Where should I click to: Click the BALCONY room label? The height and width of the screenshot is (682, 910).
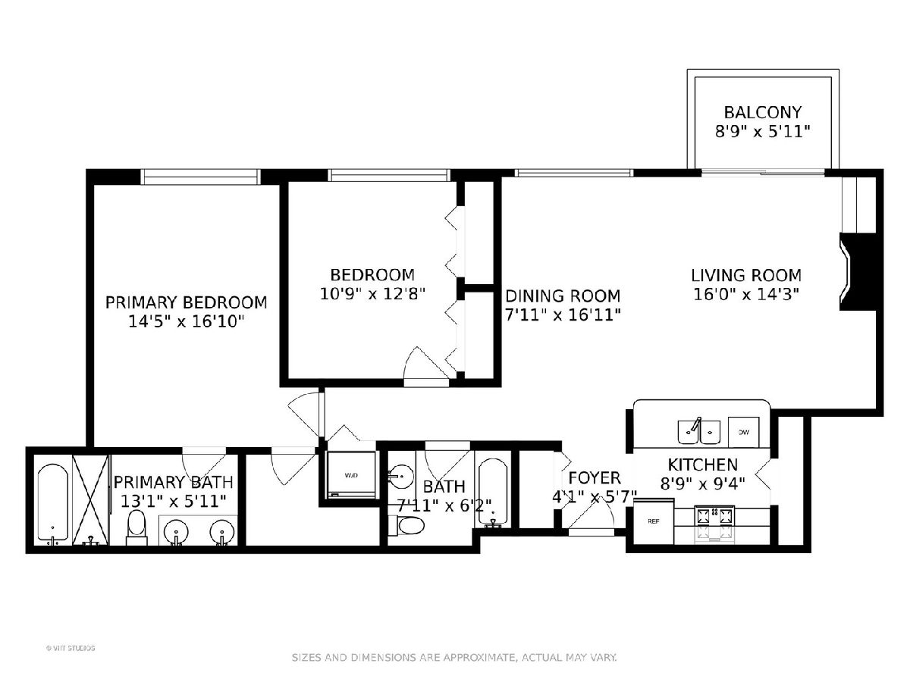pyautogui.click(x=762, y=112)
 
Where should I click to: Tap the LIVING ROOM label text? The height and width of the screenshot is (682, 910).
pyautogui.click(x=745, y=275)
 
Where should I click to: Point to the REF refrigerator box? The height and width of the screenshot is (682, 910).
pyautogui.click(x=654, y=522)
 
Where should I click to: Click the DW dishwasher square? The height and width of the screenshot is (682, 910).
pyautogui.click(x=743, y=432)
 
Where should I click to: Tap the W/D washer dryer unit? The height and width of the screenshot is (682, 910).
pyautogui.click(x=351, y=475)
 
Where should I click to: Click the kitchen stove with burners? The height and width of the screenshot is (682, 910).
pyautogui.click(x=714, y=524)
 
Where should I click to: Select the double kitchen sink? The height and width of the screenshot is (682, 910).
pyautogui.click(x=698, y=432)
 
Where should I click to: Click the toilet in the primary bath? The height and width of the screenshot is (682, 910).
pyautogui.click(x=136, y=528)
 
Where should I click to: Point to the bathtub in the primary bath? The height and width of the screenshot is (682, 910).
pyautogui.click(x=52, y=503)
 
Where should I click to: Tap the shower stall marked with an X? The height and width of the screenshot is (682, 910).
pyautogui.click(x=90, y=500)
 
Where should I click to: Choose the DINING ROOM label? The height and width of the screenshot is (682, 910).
pyautogui.click(x=563, y=296)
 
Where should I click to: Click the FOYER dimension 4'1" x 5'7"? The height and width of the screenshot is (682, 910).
pyautogui.click(x=595, y=496)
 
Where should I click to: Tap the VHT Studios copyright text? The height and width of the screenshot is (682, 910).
pyautogui.click(x=71, y=648)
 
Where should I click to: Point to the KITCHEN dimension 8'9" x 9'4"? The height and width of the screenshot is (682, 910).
pyautogui.click(x=702, y=483)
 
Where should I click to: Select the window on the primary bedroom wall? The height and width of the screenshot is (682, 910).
pyautogui.click(x=201, y=177)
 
